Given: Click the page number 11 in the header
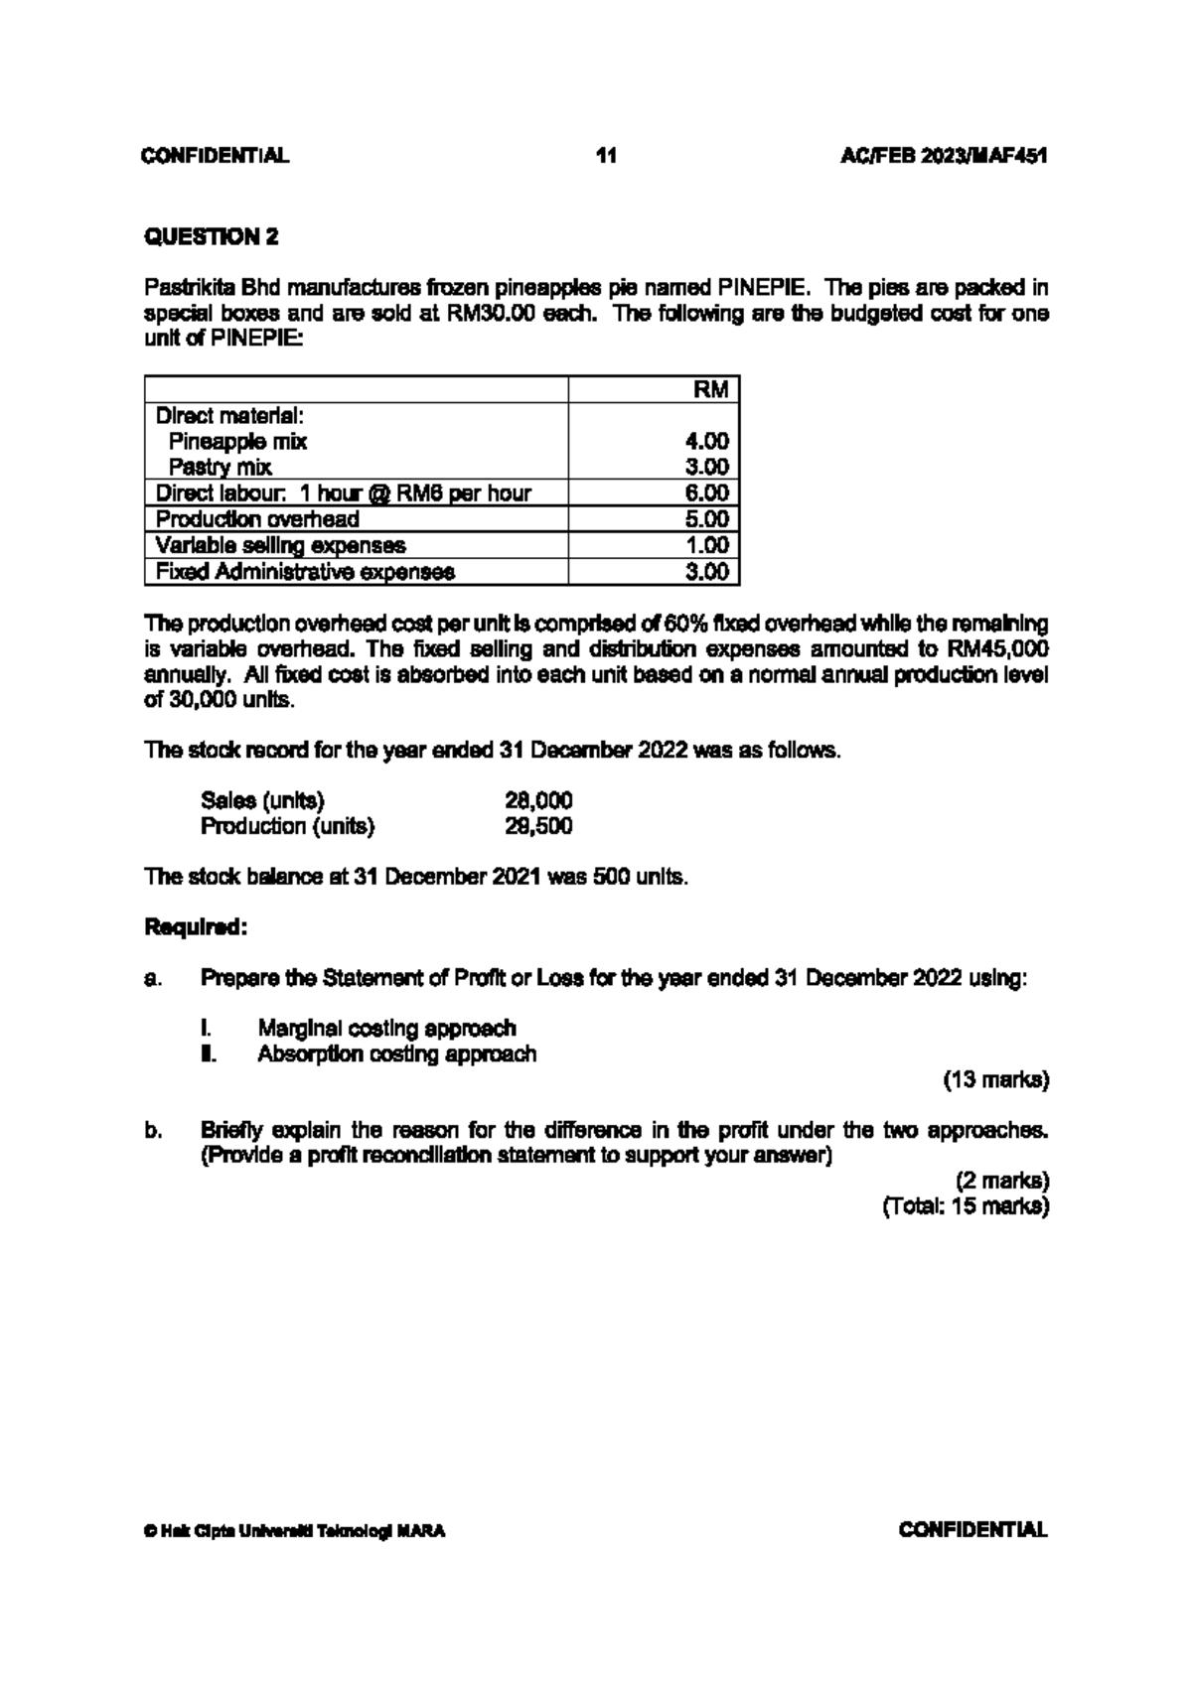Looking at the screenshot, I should pos(606,156).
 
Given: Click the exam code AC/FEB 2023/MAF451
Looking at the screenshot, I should pos(944,156).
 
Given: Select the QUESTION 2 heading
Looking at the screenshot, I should pos(212,236).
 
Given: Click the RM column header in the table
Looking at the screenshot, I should pos(711,389).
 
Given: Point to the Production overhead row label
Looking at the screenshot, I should pos(257,519).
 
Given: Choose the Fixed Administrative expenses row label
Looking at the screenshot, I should pos(305,572).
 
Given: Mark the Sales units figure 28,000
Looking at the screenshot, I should pos(539,800).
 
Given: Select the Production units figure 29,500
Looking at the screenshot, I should pos(539,826).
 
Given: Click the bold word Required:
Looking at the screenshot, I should pos(196,927).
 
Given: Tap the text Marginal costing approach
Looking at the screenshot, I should pos(386,1028).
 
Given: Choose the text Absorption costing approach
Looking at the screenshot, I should pos(396,1053).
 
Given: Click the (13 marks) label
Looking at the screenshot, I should pos(995,1079).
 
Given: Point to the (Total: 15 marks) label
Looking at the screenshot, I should pos(966,1206).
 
